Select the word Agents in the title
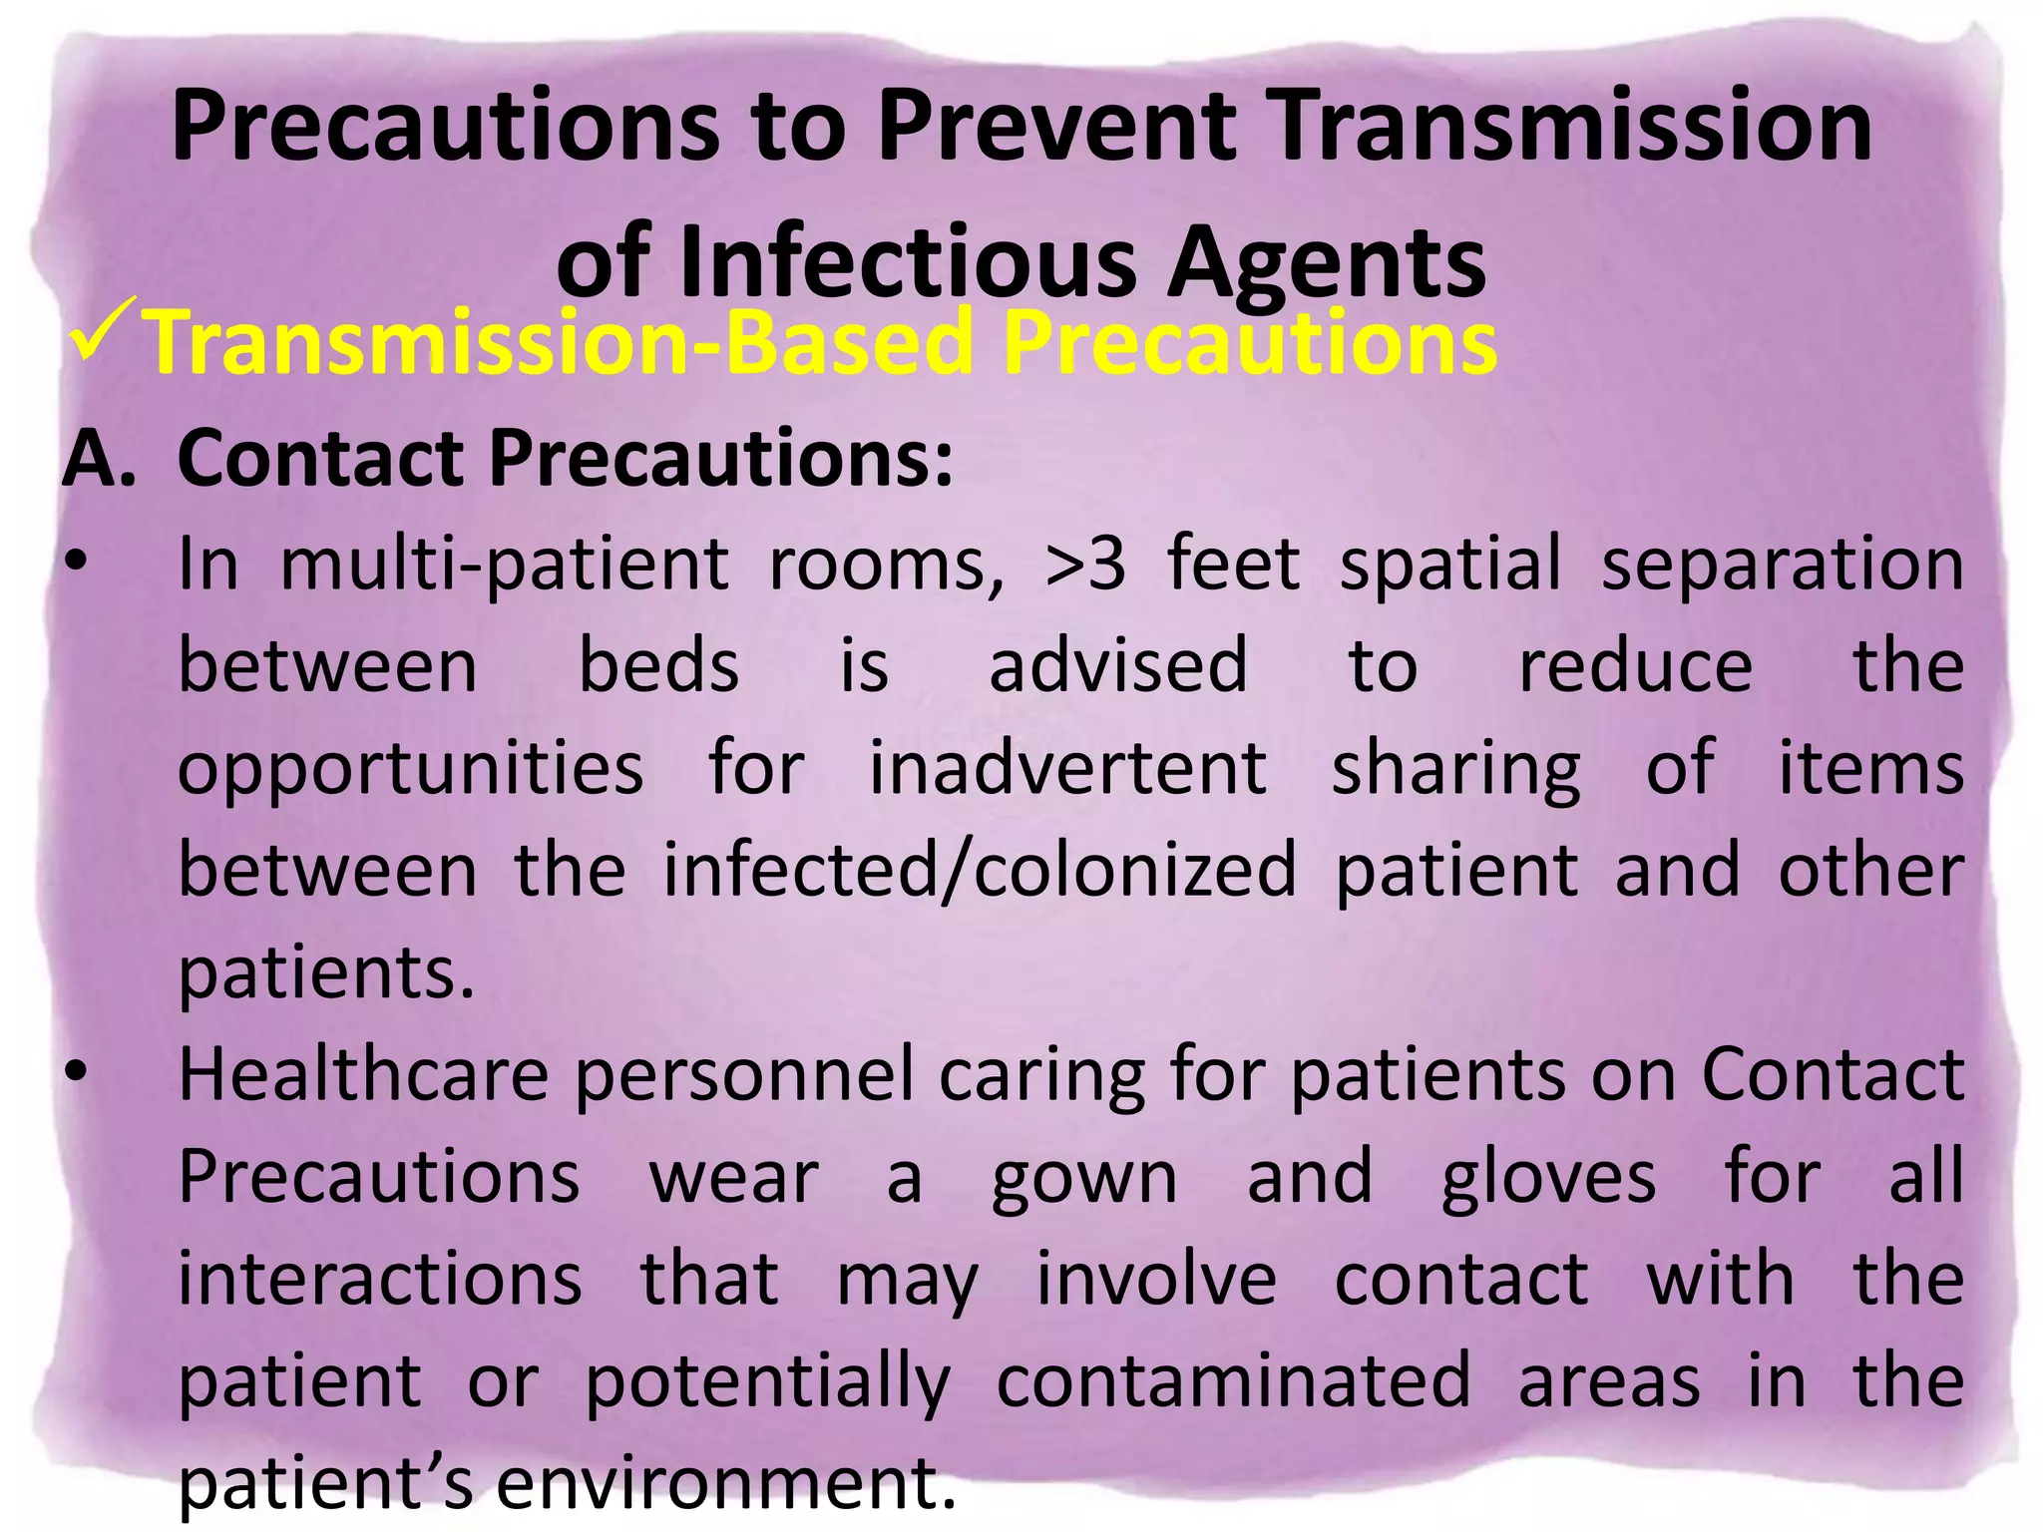coord(1327,263)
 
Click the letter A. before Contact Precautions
coord(99,459)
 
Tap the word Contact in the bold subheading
coord(322,459)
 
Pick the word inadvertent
coord(1067,768)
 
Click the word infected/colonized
coord(980,870)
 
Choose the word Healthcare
coord(363,1075)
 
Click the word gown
coord(1084,1179)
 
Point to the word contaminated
coord(1233,1381)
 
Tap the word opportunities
coord(411,768)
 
